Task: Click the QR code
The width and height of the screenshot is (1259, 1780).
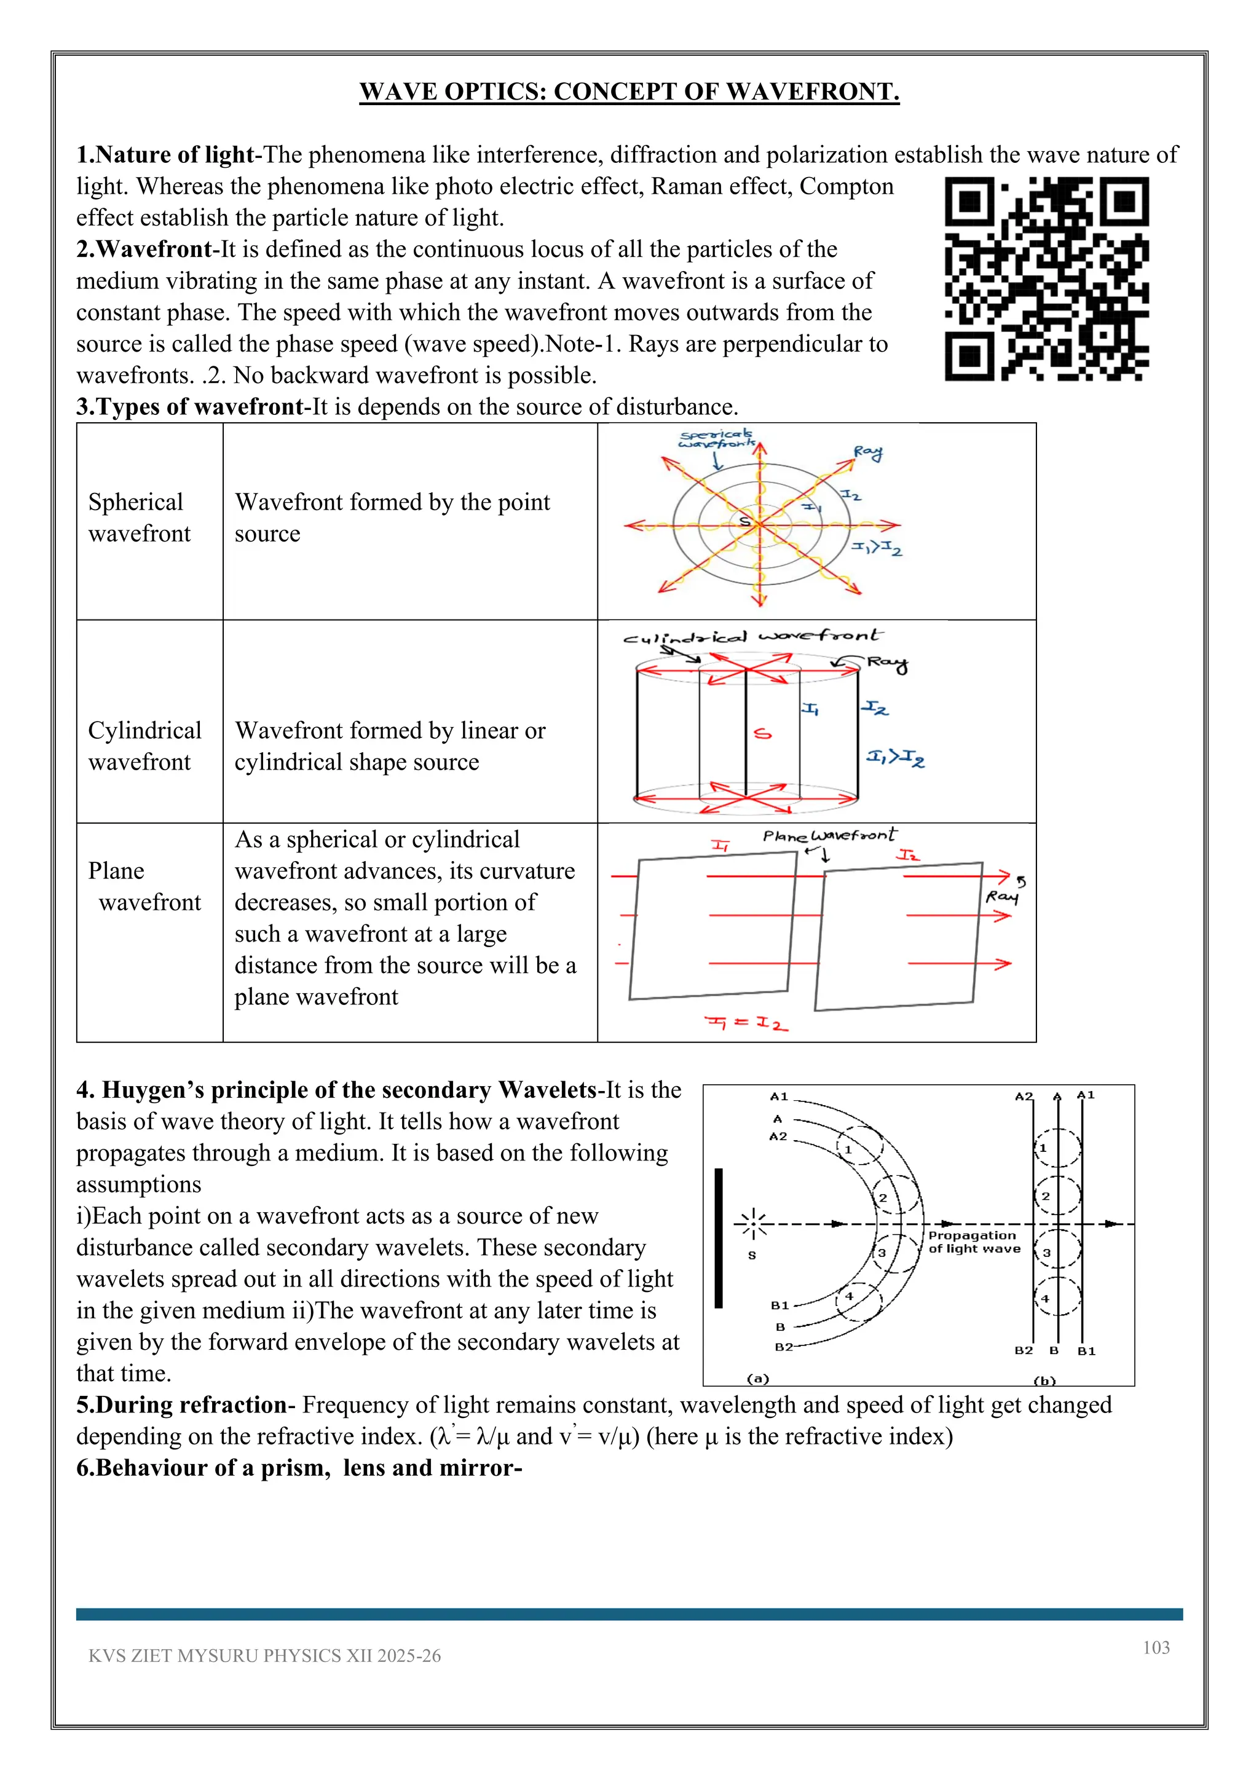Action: coord(1046,278)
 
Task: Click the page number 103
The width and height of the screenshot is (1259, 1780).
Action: coord(1156,1647)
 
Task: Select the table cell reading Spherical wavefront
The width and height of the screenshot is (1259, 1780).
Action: coord(140,518)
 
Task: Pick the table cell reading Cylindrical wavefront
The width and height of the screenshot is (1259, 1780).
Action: coord(145,746)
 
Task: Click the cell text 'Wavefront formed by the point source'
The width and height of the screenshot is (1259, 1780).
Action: coord(392,518)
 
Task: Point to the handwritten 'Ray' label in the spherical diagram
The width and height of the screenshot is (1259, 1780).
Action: coord(868,453)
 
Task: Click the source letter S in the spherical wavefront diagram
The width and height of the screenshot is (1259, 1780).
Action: coord(744,522)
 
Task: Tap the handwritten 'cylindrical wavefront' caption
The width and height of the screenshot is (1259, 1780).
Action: coord(752,637)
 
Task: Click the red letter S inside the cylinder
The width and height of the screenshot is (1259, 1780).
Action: coord(763,733)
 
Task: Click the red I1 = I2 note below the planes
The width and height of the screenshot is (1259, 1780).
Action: coord(746,1023)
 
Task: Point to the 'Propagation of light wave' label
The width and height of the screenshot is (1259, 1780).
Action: coord(974,1241)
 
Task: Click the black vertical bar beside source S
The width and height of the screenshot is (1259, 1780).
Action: coord(719,1238)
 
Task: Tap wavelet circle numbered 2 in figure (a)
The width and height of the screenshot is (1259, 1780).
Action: coord(897,1196)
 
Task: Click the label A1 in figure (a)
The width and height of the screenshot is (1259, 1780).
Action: coord(778,1097)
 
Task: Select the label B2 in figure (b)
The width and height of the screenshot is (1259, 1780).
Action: coord(1024,1350)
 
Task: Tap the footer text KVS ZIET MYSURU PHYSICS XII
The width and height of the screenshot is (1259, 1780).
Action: coord(264,1655)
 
